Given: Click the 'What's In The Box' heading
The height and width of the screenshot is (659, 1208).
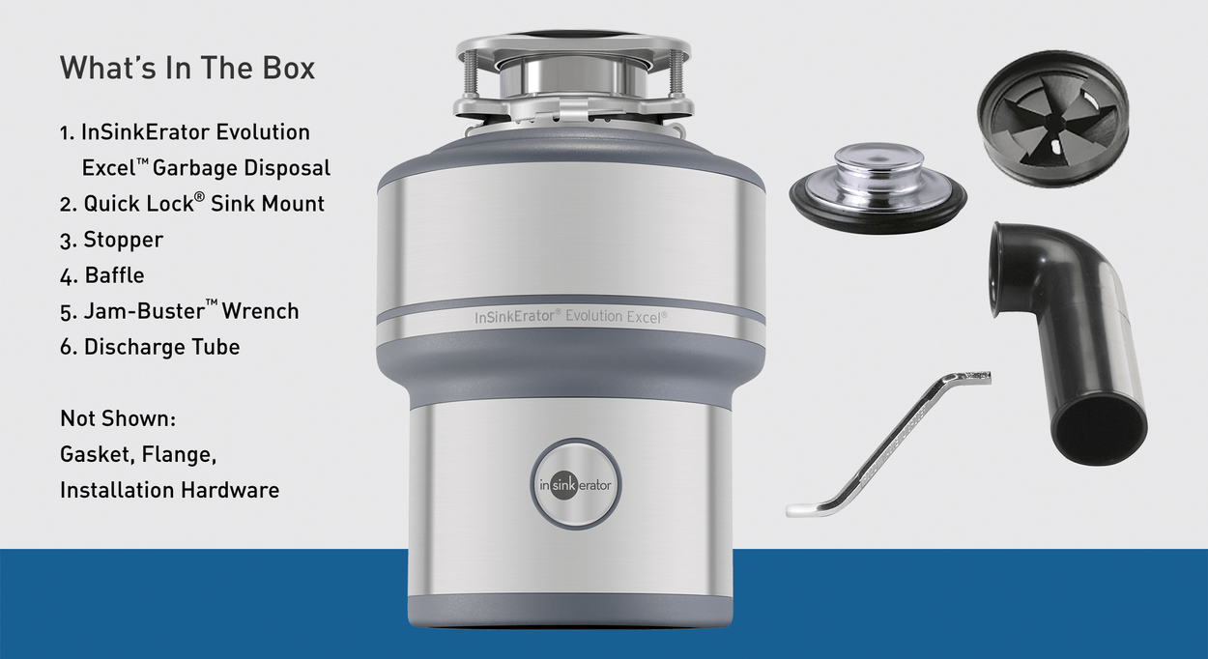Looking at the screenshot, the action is [187, 68].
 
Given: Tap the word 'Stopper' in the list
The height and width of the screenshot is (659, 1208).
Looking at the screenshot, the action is [123, 240].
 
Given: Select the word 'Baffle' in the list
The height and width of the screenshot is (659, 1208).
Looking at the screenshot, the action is [114, 275].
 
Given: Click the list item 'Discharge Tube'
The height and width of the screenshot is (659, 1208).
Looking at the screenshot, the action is [150, 347].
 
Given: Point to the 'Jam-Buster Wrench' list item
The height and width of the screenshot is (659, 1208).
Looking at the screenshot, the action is [180, 311].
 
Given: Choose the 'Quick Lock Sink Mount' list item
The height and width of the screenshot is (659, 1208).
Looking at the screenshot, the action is [192, 204].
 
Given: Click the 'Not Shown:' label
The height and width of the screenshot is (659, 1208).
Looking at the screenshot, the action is [118, 418].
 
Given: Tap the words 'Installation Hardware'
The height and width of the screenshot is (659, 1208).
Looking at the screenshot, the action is [169, 490].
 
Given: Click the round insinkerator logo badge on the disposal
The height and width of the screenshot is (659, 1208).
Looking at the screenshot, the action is [575, 485].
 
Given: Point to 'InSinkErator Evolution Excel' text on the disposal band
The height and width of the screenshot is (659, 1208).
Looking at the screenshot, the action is [570, 317].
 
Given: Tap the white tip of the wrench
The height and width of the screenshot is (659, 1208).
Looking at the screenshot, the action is [803, 509].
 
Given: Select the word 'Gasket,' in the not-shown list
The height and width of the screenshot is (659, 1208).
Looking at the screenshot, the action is [97, 454].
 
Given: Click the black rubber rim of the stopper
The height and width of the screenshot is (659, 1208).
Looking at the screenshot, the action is [877, 212].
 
